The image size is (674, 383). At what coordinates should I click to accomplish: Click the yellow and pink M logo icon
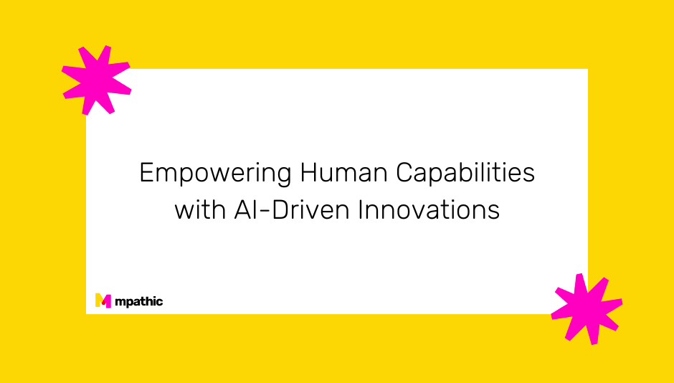(103, 301)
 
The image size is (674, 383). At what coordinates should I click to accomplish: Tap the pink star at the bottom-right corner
(586, 307)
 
